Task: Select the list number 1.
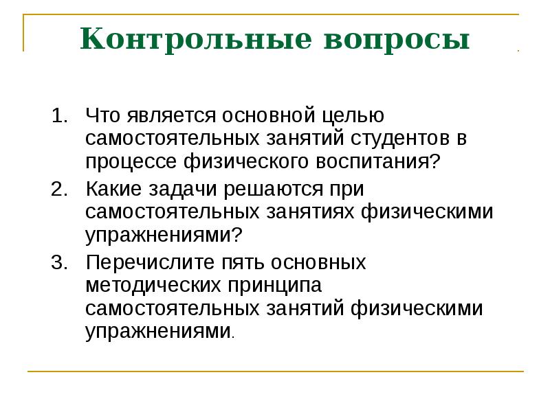pyautogui.click(x=60, y=115)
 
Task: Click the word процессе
pyautogui.click(x=133, y=163)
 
